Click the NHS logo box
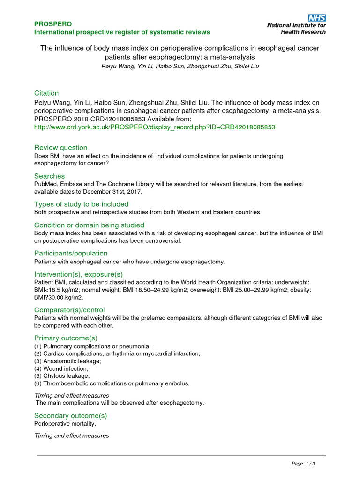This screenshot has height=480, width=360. (317, 17)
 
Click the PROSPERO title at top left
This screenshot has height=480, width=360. (53, 23)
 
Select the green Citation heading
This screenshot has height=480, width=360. (46, 93)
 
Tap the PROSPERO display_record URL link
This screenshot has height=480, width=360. (155, 127)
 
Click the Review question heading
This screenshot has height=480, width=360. (60, 148)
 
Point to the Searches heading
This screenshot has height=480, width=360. (49, 176)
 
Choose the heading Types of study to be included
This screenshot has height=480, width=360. (81, 204)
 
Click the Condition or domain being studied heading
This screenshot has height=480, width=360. (89, 225)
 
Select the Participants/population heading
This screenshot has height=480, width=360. (71, 254)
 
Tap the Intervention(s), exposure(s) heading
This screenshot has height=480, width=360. (78, 274)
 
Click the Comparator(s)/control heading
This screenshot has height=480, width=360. (69, 310)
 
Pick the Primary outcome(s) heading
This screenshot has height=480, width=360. (66, 338)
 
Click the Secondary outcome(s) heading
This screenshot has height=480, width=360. (70, 415)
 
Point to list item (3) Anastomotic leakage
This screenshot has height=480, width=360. (67, 361)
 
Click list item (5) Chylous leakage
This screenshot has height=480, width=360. (62, 376)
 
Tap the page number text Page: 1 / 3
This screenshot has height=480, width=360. (303, 464)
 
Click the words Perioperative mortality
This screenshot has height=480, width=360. (65, 424)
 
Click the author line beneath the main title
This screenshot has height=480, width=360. (180, 67)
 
